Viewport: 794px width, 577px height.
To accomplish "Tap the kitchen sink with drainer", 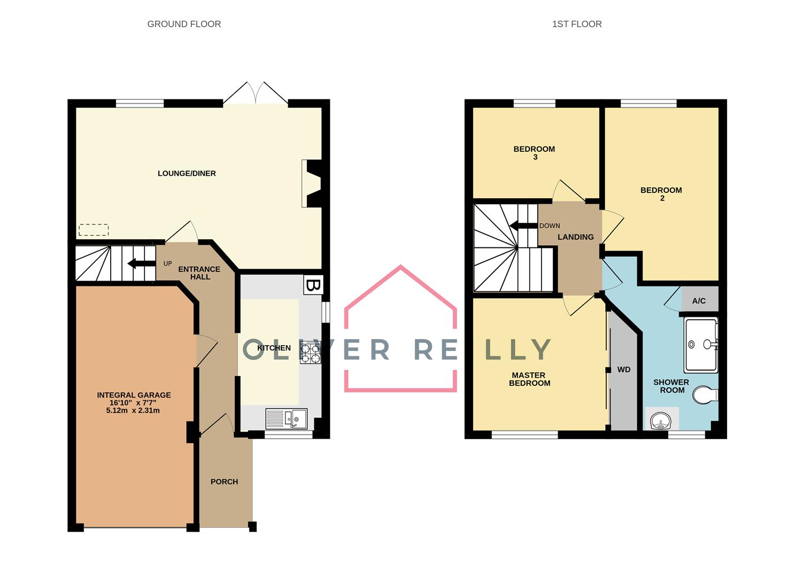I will [x=286, y=418].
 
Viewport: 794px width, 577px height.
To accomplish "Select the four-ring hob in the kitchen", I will [x=311, y=353].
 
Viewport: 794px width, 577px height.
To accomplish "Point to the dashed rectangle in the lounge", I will [x=94, y=230].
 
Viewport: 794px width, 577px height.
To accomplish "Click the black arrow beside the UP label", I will [x=139, y=263].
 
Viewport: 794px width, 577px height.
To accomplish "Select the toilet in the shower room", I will [x=705, y=396].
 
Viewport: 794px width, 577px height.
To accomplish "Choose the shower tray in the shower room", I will [x=701, y=345].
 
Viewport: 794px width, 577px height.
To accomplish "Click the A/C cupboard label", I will [x=699, y=301].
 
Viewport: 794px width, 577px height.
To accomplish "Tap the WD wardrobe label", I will [x=623, y=369].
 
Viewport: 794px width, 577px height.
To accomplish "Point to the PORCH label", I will [x=224, y=481].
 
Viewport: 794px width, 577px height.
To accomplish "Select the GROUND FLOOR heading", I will [x=184, y=24].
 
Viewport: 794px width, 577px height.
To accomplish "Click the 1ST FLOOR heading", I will [x=577, y=24].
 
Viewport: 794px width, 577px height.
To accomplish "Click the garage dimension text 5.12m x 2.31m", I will [x=133, y=410].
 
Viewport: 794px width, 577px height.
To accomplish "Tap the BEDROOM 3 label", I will [x=534, y=153].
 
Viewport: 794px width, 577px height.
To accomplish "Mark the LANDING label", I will [x=575, y=237].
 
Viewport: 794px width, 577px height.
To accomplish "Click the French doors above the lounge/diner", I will [x=256, y=93].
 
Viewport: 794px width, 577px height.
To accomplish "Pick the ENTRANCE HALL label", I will [x=199, y=272].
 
